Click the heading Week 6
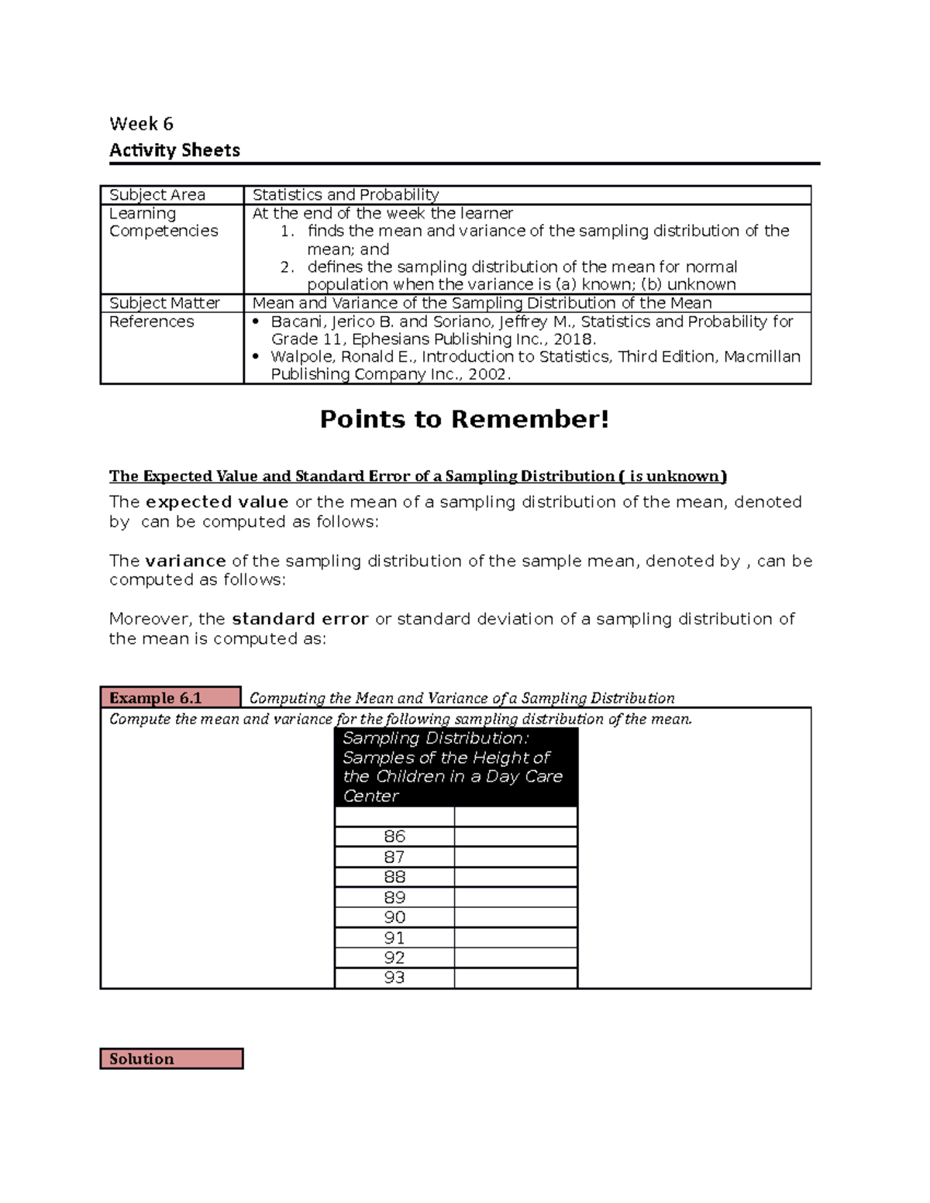tap(141, 124)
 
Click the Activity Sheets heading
tap(174, 150)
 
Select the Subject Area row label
tap(157, 195)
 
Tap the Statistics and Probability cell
tap(346, 195)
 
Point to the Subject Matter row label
tap(164, 303)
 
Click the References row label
tap(152, 321)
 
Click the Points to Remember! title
tap(464, 419)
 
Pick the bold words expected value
tap(217, 502)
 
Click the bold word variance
tap(185, 561)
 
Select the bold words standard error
tap(300, 619)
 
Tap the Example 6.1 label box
tap(170, 698)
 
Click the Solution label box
tap(171, 1059)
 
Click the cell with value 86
tap(394, 837)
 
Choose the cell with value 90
tap(394, 917)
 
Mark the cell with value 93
tap(394, 978)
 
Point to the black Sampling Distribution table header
tap(456, 767)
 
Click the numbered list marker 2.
tap(287, 267)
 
